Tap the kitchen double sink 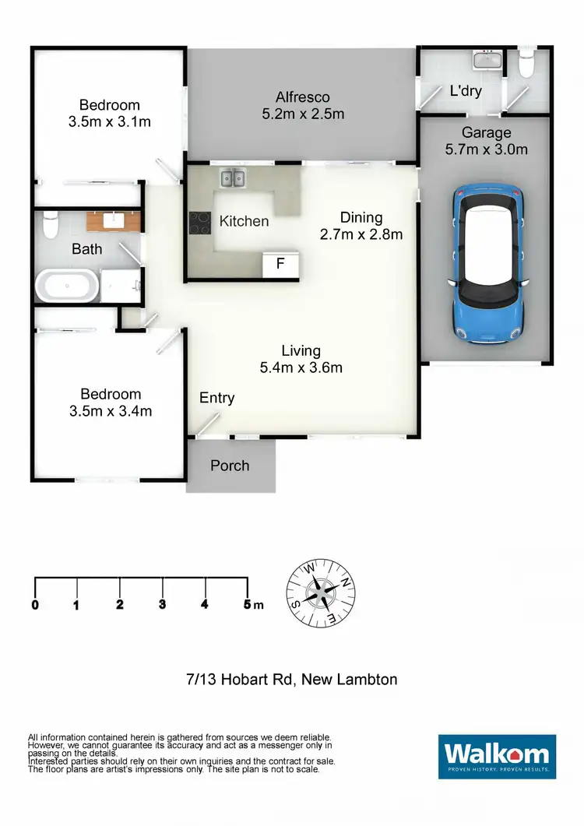(231, 179)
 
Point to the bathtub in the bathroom (68, 286)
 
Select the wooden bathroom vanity (114, 221)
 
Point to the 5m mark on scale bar (248, 605)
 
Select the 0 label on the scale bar (35, 605)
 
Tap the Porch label (230, 466)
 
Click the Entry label (216, 398)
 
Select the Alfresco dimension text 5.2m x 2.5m (303, 114)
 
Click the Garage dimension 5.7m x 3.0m (487, 149)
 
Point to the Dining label (361, 218)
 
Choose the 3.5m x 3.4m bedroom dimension (110, 411)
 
